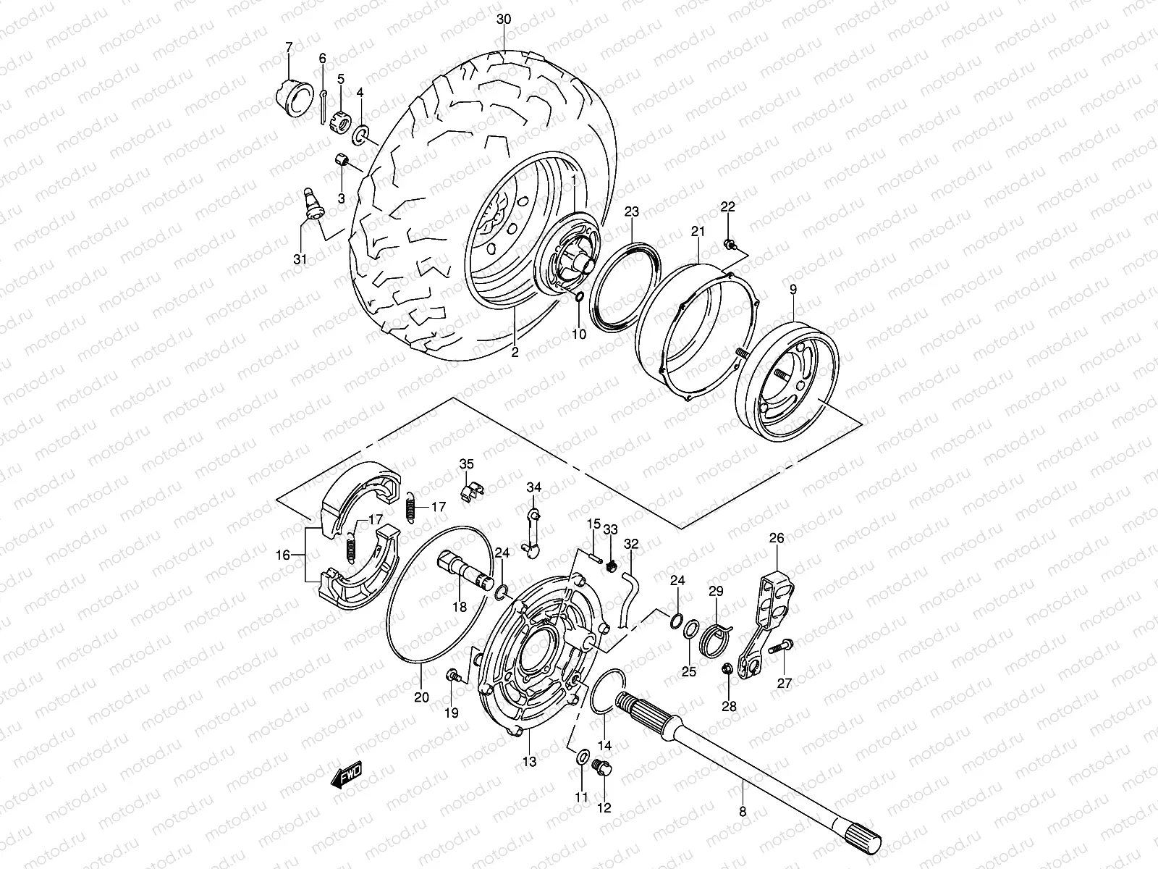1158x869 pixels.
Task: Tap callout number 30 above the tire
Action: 504,20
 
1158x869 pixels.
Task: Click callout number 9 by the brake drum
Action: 793,290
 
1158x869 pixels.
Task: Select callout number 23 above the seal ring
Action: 632,211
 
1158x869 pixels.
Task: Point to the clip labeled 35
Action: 470,490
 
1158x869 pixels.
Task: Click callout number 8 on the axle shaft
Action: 743,812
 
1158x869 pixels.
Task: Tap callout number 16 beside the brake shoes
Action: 283,555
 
